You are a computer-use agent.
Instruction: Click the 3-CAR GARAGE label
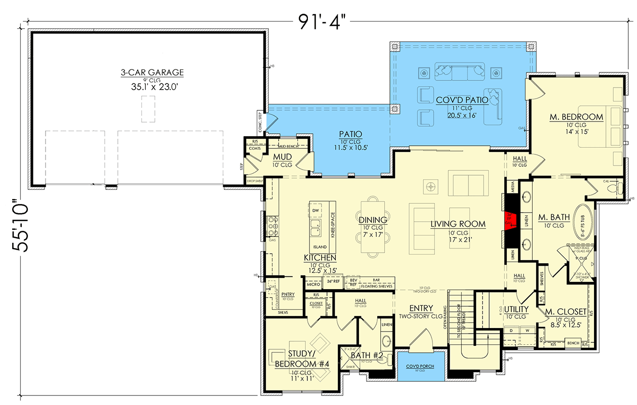pos(152,73)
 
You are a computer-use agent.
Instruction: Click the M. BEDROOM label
pos(576,117)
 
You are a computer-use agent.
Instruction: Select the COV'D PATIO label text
pos(462,100)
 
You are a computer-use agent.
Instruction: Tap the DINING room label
pos(373,220)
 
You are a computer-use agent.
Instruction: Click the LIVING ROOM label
pos(458,224)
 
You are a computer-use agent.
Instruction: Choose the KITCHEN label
pos(321,258)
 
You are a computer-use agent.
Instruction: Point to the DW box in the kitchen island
pos(315,210)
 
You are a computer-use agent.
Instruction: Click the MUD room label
pos(283,157)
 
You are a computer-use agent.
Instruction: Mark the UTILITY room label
pos(516,309)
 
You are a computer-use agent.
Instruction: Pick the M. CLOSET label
pos(565,311)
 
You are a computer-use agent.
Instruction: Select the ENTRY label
pos(421,308)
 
